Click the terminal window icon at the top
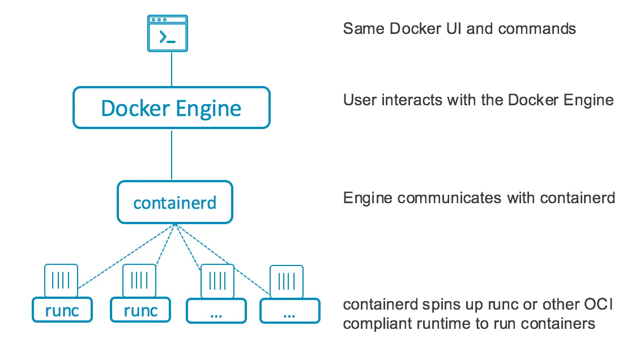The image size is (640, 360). click(x=168, y=33)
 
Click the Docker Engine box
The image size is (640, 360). click(x=171, y=108)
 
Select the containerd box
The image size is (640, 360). click(x=174, y=202)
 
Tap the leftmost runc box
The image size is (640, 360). click(x=62, y=311)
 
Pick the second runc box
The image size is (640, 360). click(x=140, y=311)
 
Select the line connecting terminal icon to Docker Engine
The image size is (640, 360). click(x=171, y=69)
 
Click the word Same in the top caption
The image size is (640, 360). click(x=363, y=28)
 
